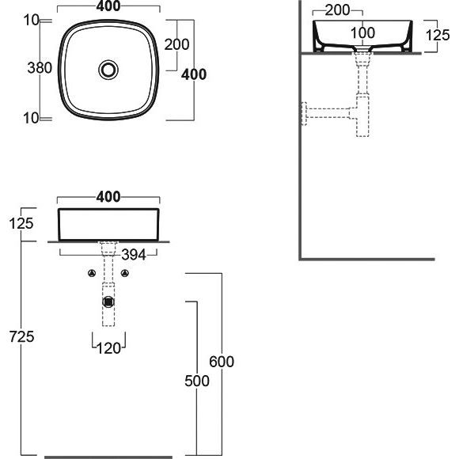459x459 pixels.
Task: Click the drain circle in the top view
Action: tap(108, 70)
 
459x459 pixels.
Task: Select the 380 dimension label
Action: tap(40, 68)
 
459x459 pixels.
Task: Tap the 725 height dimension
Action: tap(21, 336)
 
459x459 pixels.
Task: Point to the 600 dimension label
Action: tap(222, 362)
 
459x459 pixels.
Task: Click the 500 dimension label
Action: tap(197, 381)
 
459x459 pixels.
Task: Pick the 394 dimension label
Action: tap(134, 255)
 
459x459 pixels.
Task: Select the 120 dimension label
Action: tap(108, 348)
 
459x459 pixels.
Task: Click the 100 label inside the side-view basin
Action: tap(362, 32)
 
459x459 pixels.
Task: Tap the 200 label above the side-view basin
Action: tap(337, 10)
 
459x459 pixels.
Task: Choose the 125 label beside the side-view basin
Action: tap(438, 35)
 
